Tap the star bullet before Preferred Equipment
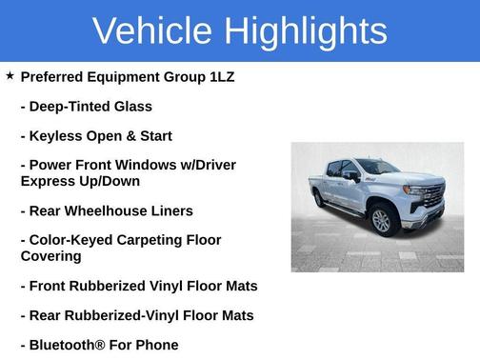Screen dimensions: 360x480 (x=10, y=75)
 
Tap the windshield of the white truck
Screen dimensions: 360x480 (x=377, y=168)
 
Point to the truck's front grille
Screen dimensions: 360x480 (x=433, y=195)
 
